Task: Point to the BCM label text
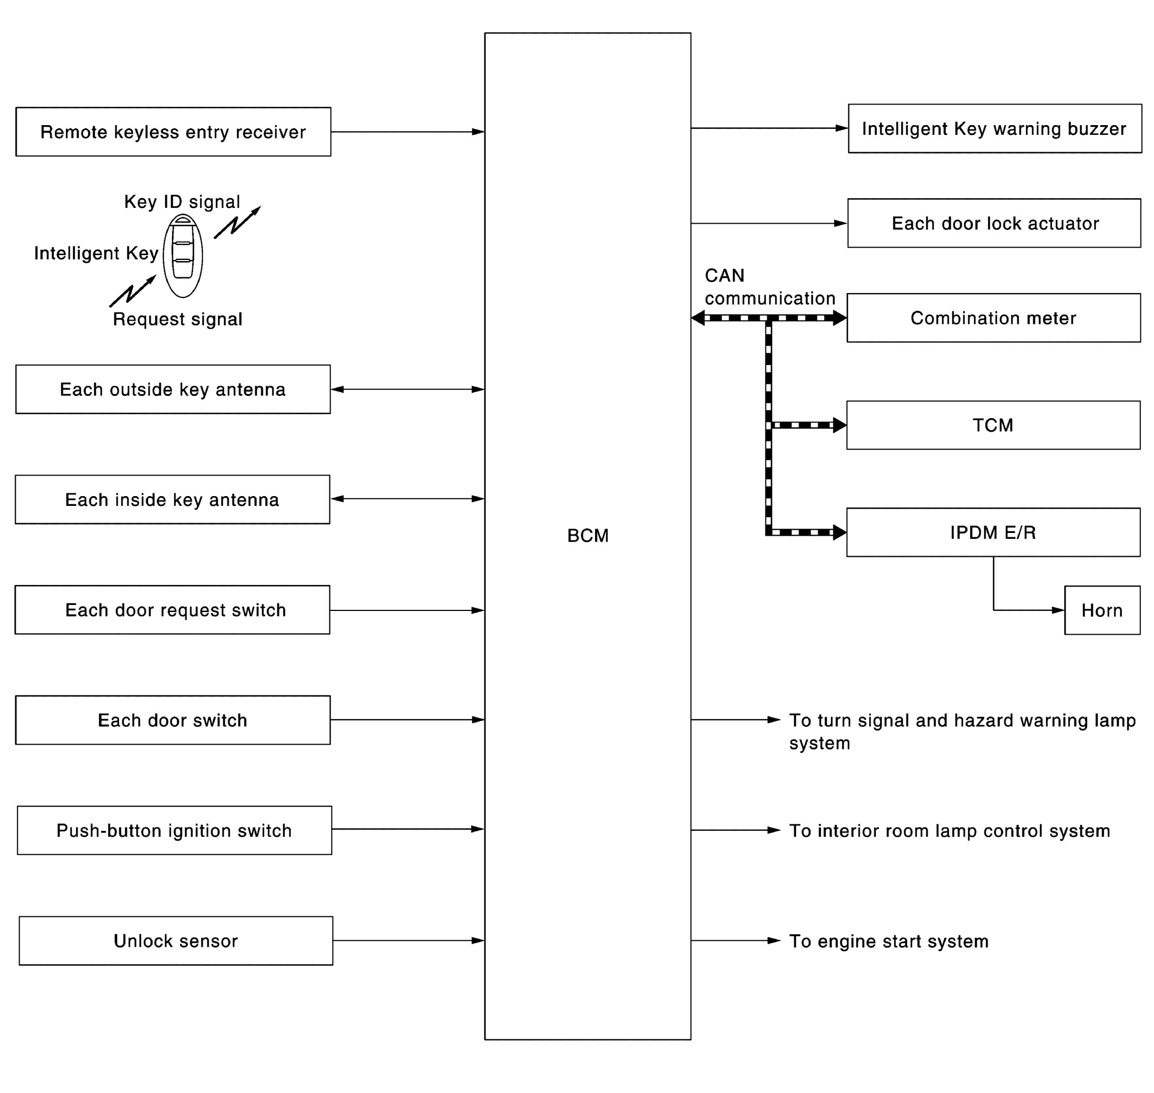point(587,536)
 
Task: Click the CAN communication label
point(769,287)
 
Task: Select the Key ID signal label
point(182,202)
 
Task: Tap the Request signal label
point(177,319)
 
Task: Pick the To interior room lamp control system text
point(949,830)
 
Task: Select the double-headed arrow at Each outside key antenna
point(407,389)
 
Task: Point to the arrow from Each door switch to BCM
point(407,719)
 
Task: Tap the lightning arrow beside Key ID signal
point(237,223)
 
